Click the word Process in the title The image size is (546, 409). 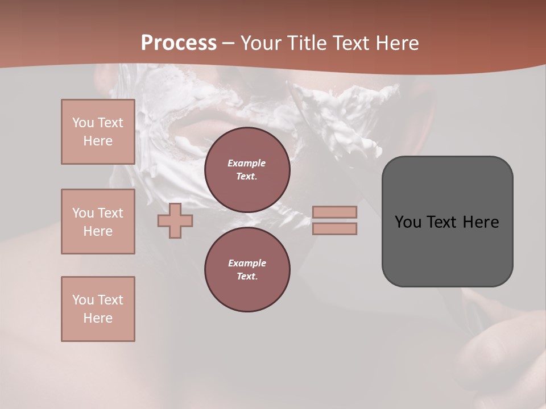point(179,43)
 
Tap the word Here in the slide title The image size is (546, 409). point(396,43)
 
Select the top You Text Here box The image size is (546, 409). point(98,132)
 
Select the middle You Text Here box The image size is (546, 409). point(98,222)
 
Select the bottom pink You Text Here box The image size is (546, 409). point(98,309)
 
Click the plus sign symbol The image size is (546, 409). point(175,220)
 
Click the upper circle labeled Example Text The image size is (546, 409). point(247,170)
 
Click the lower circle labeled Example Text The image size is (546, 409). point(247,270)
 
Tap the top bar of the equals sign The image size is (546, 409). point(334,212)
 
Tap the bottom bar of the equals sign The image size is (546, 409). point(334,228)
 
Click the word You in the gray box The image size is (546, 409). point(408,222)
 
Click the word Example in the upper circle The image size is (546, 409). point(247,163)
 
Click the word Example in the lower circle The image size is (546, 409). point(247,263)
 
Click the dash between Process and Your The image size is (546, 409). point(228,43)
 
